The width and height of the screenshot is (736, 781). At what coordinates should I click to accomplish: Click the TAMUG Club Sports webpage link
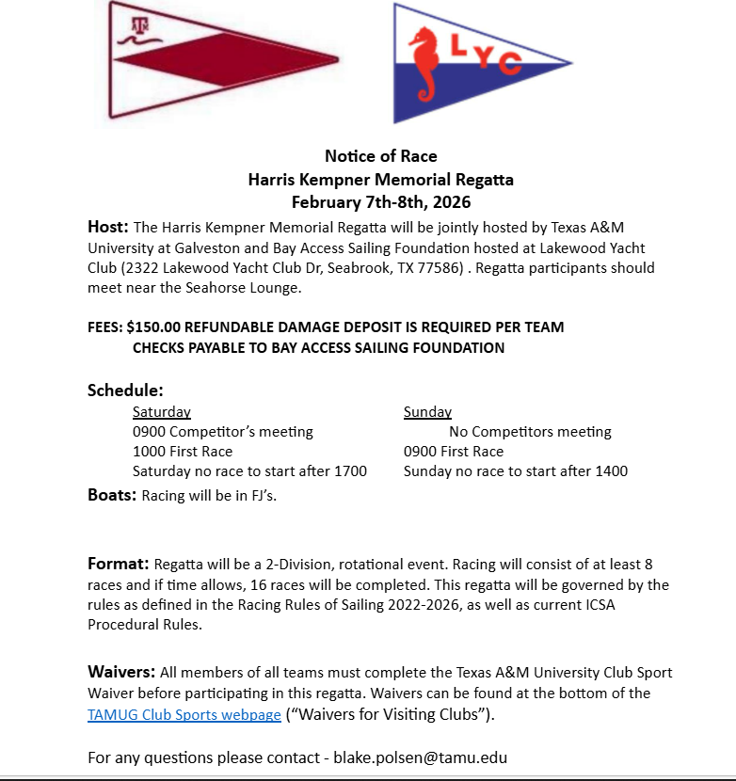pyautogui.click(x=184, y=714)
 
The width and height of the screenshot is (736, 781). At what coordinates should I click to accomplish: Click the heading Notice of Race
pyautogui.click(x=380, y=156)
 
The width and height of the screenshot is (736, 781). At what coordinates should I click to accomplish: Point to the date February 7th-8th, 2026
pyautogui.click(x=380, y=201)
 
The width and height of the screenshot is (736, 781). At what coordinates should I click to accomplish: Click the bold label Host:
pyautogui.click(x=107, y=227)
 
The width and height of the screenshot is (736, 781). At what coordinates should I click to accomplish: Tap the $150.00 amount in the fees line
pyautogui.click(x=156, y=327)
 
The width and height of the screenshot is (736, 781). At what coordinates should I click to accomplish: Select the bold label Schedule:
pyautogui.click(x=125, y=390)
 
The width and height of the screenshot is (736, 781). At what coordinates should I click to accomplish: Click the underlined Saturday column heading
pyautogui.click(x=162, y=412)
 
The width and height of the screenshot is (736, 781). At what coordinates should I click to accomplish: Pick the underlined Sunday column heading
pyautogui.click(x=427, y=412)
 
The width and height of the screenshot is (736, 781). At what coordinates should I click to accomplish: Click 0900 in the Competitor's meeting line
pyautogui.click(x=149, y=432)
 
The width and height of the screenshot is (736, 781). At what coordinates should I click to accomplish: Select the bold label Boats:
pyautogui.click(x=112, y=495)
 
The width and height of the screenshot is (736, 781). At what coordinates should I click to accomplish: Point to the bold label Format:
pyautogui.click(x=119, y=565)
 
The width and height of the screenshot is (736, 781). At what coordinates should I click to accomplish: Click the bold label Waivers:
pyautogui.click(x=121, y=672)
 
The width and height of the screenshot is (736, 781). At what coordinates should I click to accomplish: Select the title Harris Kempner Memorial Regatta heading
pyautogui.click(x=380, y=179)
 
